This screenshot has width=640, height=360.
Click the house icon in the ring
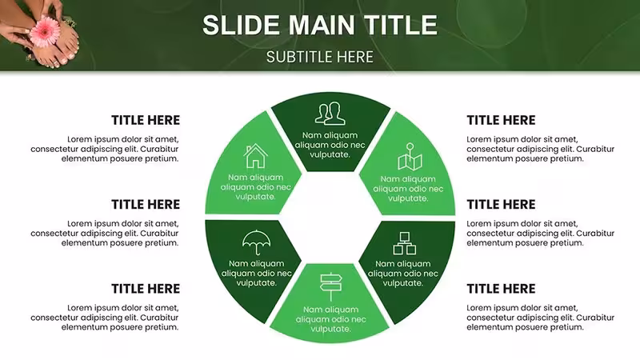(255, 155)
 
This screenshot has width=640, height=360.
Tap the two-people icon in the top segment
(330, 113)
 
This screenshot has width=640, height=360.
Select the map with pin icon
(410, 156)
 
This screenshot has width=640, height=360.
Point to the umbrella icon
(256, 242)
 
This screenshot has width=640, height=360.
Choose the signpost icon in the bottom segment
(330, 287)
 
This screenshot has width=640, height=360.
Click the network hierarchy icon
(405, 243)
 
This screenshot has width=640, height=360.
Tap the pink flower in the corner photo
(46, 31)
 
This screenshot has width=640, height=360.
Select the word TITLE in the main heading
(400, 25)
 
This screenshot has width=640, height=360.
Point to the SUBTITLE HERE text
(320, 57)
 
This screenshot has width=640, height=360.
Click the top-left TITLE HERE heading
(146, 121)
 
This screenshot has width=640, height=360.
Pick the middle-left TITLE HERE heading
(146, 205)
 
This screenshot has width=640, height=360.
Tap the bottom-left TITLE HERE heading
(146, 289)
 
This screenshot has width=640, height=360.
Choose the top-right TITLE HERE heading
(502, 121)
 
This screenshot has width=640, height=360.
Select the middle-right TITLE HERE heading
(502, 205)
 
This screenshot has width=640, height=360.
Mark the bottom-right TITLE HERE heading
(502, 289)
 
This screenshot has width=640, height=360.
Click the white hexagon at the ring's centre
(330, 218)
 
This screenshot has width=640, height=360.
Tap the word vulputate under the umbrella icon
(255, 283)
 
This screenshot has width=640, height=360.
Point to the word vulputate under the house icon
(254, 197)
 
